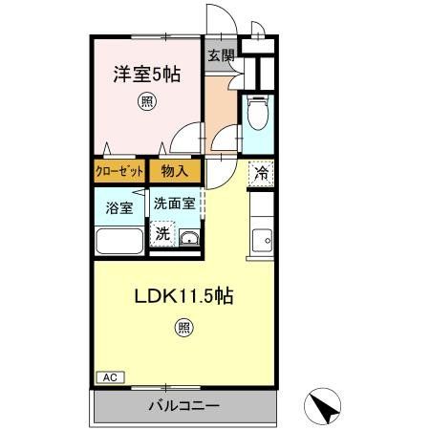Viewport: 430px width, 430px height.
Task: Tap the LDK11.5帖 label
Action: click(182, 295)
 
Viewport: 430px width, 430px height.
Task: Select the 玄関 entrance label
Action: click(221, 55)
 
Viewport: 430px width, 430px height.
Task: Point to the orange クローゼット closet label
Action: click(120, 171)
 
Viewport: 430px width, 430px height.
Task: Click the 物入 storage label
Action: click(175, 171)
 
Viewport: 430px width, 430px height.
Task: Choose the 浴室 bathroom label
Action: click(119, 205)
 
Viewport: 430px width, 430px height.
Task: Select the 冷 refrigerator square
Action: click(260, 173)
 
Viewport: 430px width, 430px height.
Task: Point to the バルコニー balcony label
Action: click(183, 405)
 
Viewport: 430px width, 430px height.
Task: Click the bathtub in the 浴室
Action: click(119, 240)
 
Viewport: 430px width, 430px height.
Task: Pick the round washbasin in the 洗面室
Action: click(188, 238)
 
